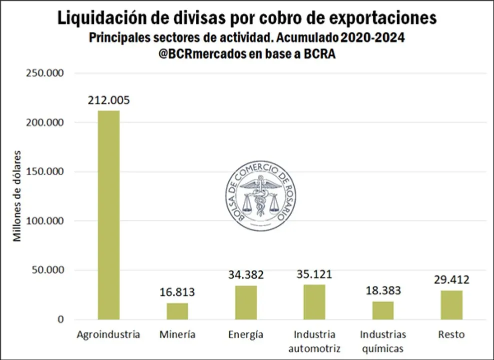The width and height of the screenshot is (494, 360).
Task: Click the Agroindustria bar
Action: tap(108, 215)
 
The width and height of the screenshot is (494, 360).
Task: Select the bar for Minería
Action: tap(177, 311)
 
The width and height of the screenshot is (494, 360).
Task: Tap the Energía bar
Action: tap(246, 302)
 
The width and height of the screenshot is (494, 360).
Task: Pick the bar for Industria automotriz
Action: tap(314, 302)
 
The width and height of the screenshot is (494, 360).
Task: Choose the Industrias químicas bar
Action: tap(383, 310)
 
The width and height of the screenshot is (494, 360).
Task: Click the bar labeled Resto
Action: tap(451, 305)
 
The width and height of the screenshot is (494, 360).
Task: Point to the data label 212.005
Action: tap(108, 100)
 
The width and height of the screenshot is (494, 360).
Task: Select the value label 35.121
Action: tap(314, 274)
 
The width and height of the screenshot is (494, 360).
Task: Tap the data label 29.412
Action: tap(451, 279)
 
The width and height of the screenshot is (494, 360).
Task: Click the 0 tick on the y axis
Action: tap(61, 319)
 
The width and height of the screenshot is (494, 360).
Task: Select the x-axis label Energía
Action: tap(246, 334)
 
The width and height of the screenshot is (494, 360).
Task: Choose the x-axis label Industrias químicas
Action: tap(383, 341)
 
